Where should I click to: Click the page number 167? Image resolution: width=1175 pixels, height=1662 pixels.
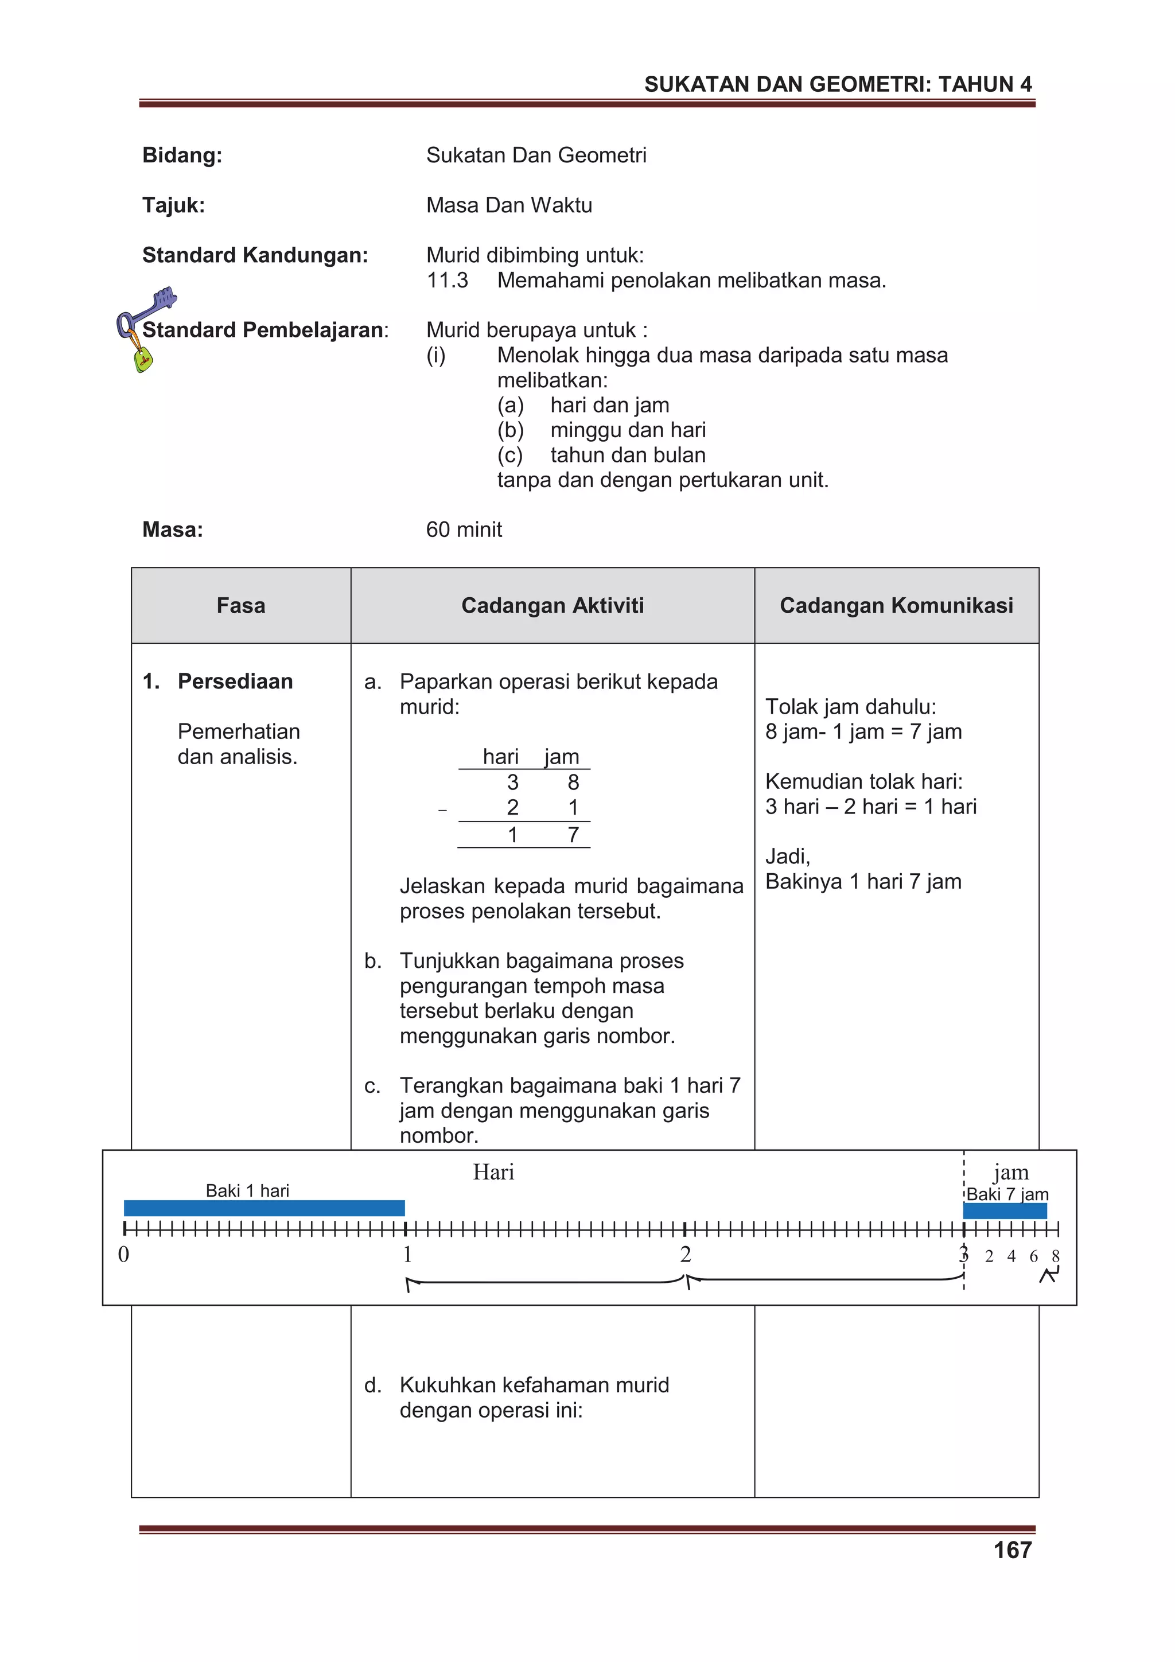point(1012,1550)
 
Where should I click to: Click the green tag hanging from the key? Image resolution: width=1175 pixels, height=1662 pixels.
point(143,359)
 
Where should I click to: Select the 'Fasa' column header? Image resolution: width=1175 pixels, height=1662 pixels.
point(240,605)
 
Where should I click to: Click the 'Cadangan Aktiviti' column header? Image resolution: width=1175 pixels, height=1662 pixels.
point(553,605)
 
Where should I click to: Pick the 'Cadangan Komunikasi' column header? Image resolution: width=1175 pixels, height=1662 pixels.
point(896,605)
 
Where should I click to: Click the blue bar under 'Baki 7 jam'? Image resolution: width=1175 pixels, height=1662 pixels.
point(1004,1211)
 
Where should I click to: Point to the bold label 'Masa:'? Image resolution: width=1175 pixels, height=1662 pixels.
point(172,530)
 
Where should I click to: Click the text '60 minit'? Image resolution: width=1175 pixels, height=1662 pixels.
point(464,530)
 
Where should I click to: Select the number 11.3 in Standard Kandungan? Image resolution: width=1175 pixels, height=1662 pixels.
point(447,280)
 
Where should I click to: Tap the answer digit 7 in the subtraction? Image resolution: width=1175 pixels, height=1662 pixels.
point(573,835)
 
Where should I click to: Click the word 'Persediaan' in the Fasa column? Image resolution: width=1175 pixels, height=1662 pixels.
point(235,681)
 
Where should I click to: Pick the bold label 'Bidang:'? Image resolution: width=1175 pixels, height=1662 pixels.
point(182,155)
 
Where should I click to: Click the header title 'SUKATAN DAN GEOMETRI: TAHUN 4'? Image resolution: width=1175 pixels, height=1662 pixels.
point(838,85)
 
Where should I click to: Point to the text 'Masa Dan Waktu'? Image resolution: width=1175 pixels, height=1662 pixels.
point(508,205)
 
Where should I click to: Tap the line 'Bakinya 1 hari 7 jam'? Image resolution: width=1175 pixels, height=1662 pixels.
point(863,882)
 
